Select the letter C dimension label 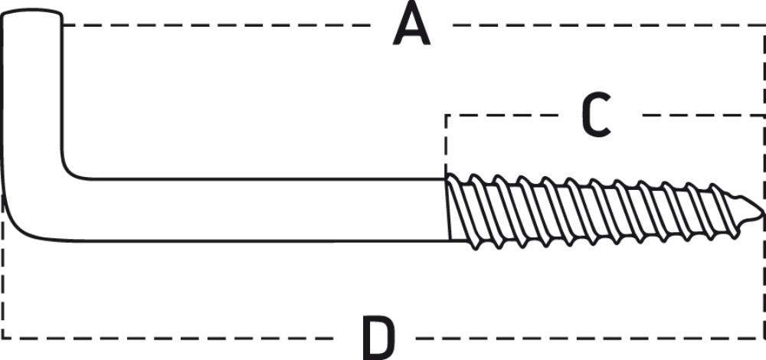click(597, 114)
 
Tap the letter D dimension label click(378, 338)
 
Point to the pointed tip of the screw click(761, 214)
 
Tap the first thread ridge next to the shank click(462, 210)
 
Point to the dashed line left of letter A click(217, 25)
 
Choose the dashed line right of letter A click(609, 25)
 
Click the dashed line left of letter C click(501, 116)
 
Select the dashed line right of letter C click(704, 116)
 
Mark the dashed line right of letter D click(591, 338)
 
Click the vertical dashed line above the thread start click(446, 144)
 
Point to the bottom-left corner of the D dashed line click(3, 338)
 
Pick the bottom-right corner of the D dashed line click(764, 338)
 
